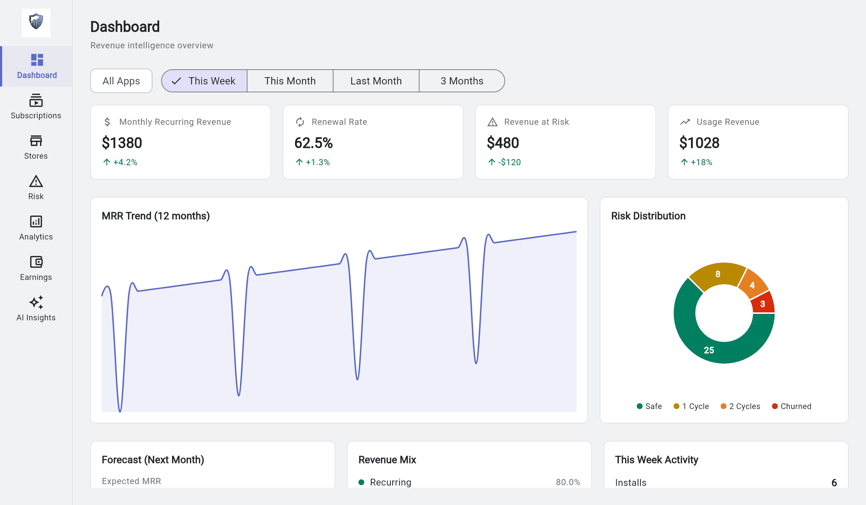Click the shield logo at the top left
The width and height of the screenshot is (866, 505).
pos(36,22)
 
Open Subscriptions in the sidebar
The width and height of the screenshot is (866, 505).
pos(36,107)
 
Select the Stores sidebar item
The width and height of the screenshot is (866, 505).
pos(36,147)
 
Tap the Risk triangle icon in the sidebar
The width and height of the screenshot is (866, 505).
pos(36,181)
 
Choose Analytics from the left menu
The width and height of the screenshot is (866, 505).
pos(36,228)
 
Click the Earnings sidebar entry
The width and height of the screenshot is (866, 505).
pos(36,268)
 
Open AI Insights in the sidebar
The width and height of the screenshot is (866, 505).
pos(36,309)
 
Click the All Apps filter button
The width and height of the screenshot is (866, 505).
pos(121,81)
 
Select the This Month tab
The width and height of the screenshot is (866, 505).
pos(290,81)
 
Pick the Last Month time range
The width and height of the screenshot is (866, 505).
pos(376,81)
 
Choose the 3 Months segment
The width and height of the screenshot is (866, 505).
pos(462,81)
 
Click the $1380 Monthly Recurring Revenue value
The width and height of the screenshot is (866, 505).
pos(122,143)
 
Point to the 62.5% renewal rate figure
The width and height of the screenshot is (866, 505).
pos(313,143)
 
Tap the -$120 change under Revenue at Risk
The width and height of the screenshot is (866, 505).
pos(509,162)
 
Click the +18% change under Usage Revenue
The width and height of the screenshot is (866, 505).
pos(701,162)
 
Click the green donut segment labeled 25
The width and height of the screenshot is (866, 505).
pos(709,349)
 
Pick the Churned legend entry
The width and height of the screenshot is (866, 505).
pos(792,406)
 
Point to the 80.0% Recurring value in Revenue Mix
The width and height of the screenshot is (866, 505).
pos(568,482)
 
